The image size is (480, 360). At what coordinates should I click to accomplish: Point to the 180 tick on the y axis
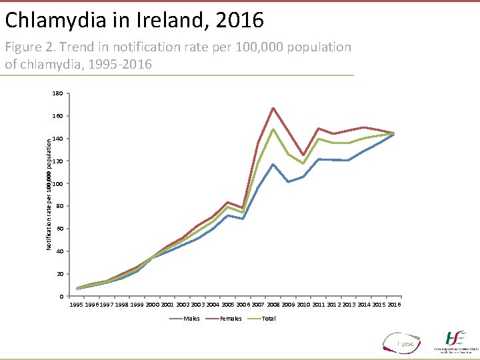click(x=57, y=94)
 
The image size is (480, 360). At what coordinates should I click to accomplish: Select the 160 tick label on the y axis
click(x=57, y=116)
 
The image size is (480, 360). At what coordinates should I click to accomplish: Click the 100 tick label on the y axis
click(x=57, y=184)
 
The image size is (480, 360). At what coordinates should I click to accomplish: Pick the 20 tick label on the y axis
click(x=59, y=274)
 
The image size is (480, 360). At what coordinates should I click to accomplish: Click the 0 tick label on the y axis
click(x=61, y=297)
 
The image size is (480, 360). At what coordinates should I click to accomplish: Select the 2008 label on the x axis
click(x=273, y=305)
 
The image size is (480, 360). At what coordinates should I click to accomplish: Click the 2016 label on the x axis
click(x=394, y=305)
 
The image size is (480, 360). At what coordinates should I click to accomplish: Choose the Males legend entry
click(x=191, y=319)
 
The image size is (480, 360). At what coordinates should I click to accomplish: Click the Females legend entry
click(x=231, y=319)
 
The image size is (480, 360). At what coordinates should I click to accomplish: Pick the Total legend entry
click(x=268, y=319)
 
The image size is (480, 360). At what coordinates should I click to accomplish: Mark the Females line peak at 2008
click(x=273, y=108)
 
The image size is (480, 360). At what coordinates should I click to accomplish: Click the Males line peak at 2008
click(x=273, y=164)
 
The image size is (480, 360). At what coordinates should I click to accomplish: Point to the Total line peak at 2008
click(x=273, y=129)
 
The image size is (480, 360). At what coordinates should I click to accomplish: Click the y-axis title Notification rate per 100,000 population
click(x=49, y=194)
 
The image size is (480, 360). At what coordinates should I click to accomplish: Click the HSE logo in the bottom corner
click(x=455, y=340)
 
